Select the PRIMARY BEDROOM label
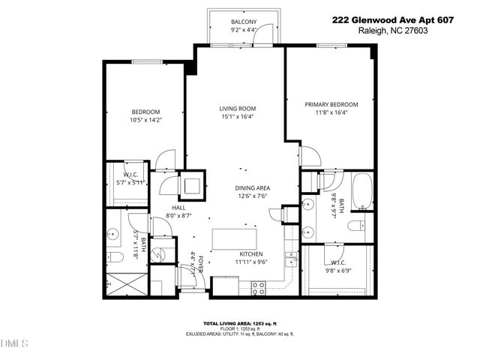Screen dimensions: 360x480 point(331,104)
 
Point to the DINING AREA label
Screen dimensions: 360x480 point(253,187)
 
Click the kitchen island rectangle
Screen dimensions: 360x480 point(234,238)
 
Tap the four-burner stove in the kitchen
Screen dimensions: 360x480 point(258,285)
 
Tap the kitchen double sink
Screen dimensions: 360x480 point(289,259)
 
